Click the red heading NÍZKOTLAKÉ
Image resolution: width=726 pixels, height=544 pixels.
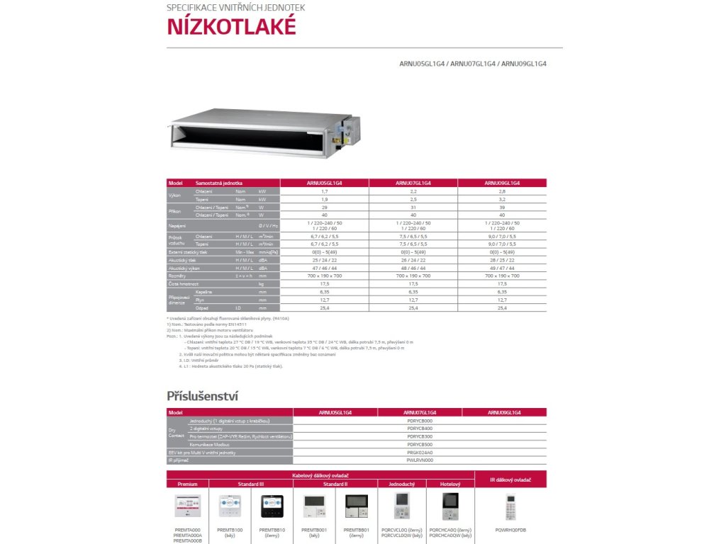(x=230, y=26)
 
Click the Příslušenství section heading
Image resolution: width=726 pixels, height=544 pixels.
(x=202, y=395)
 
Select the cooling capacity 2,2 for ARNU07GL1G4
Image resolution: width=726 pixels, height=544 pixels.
(x=413, y=191)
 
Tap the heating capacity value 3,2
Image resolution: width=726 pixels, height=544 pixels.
(x=502, y=199)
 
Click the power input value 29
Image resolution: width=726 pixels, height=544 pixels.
(x=325, y=207)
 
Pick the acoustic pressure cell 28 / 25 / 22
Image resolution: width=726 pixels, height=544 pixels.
(x=502, y=260)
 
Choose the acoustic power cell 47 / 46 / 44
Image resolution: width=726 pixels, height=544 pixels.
(x=325, y=268)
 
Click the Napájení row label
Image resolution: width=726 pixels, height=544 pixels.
(x=177, y=225)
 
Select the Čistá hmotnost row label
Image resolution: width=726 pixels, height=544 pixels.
(x=182, y=283)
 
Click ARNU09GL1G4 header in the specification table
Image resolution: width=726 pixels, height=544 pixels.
(x=502, y=183)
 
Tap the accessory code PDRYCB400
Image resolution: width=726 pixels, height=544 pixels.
(x=420, y=429)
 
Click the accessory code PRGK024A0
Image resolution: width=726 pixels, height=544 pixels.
(x=420, y=452)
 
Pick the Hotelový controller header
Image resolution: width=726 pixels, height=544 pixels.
(x=450, y=484)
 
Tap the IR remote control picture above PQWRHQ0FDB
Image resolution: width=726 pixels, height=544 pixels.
(x=510, y=508)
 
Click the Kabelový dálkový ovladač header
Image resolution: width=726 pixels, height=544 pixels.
(x=320, y=475)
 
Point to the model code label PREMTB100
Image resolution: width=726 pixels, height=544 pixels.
(x=230, y=529)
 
